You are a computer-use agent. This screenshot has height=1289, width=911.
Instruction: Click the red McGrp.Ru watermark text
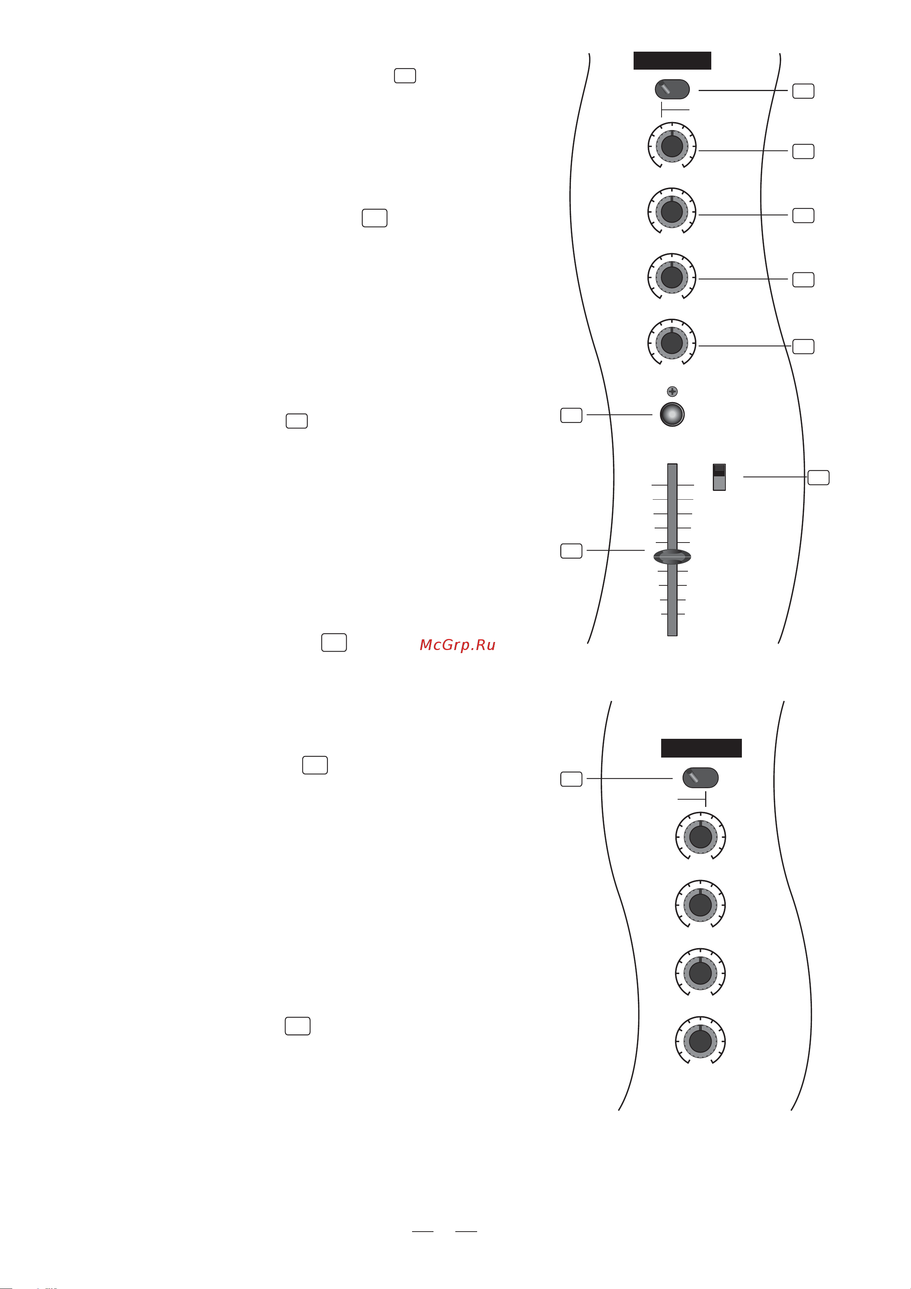(458, 645)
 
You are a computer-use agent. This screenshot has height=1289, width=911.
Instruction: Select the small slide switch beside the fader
(719, 477)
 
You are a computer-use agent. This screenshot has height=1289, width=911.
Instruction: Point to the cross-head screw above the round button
(672, 391)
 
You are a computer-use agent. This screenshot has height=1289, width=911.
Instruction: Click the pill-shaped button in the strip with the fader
(672, 89)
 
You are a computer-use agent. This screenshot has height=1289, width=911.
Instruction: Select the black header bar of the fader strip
(672, 60)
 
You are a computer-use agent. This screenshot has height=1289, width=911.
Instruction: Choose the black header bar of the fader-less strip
(701, 748)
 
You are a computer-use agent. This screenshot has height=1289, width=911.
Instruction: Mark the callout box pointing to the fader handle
(571, 551)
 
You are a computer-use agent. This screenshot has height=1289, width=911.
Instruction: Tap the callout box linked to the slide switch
(818, 477)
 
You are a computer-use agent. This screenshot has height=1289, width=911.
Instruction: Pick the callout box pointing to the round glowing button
(571, 415)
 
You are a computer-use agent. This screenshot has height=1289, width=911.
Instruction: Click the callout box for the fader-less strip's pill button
(571, 779)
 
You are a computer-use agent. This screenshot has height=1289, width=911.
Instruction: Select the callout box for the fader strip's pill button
(803, 91)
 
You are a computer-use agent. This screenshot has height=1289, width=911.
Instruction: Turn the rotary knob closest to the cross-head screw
(672, 342)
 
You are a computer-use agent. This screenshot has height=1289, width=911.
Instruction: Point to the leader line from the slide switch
(775, 477)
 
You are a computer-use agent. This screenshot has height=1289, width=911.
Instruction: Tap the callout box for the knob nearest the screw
(803, 346)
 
